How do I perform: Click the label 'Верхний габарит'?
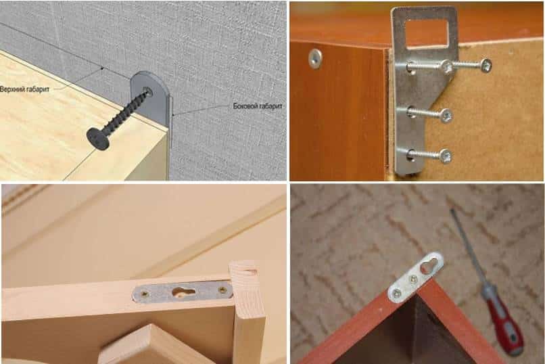24,89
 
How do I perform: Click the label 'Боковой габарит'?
258,106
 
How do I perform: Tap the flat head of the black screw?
97,139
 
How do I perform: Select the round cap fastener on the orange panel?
316,58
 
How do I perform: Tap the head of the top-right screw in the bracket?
485,65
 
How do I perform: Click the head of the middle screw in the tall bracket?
446,116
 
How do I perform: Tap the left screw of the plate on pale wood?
143,295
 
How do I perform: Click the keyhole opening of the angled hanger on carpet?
428,266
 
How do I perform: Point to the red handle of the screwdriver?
504,320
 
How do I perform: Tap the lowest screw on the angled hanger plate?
397,294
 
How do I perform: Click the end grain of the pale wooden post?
244,274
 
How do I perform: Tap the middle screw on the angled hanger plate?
413,279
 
